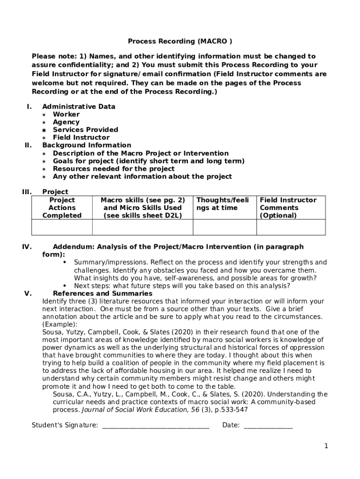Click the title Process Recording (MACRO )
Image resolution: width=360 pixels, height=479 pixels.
180,41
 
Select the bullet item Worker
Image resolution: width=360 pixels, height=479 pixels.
66,114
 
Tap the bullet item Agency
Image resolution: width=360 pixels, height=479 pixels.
66,122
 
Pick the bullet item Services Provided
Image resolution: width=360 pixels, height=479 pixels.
85,130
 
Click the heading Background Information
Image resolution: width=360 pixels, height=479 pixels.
86,145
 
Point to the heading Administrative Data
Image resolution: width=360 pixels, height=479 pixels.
79,107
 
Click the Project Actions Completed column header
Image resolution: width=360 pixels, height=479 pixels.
62,208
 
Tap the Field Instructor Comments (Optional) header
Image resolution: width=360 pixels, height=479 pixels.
288,208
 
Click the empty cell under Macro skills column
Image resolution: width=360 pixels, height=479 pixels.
142,227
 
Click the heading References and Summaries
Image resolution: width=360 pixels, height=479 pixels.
102,294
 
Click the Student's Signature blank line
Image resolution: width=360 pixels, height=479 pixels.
155,425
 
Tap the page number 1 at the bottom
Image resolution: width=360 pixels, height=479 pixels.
326,446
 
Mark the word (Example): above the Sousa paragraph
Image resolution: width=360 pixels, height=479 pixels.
60,324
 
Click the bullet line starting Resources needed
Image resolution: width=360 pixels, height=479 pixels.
114,169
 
